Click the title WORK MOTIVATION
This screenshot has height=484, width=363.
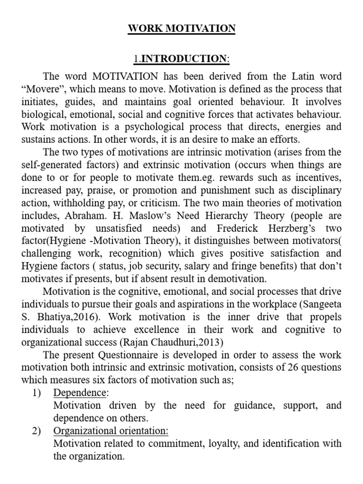coord(181,28)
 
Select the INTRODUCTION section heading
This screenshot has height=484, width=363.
coord(185,59)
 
